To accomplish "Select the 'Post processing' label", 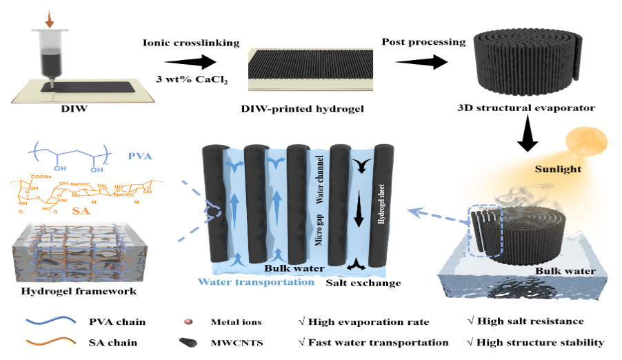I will tap(423, 42).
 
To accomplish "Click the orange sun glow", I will tap(583, 143).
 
